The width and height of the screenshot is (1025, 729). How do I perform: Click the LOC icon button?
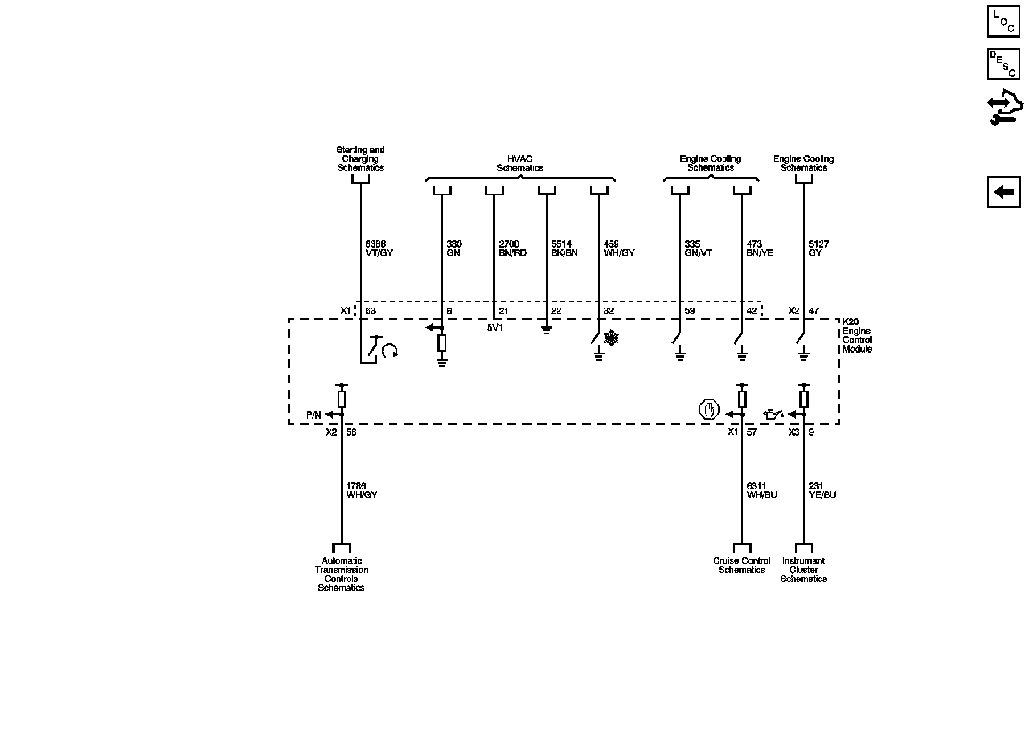[1003, 21]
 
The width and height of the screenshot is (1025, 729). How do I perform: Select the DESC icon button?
[1003, 64]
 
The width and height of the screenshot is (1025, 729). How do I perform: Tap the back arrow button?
[1003, 192]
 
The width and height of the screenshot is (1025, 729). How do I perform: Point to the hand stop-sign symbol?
[709, 410]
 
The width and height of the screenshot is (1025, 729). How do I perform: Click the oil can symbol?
[773, 414]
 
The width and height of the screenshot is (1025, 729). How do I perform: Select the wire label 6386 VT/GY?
[379, 248]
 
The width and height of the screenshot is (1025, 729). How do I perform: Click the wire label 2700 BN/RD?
[512, 248]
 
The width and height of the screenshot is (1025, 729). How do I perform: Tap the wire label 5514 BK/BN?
[564, 248]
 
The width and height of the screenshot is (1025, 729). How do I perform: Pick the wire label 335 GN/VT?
[698, 248]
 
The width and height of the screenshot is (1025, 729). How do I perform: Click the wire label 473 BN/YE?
[760, 248]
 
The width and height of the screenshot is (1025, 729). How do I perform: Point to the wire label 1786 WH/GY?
[362, 490]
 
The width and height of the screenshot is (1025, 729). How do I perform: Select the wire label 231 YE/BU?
[822, 490]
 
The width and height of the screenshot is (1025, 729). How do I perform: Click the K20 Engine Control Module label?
[857, 336]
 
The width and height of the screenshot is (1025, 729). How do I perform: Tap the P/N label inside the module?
[314, 415]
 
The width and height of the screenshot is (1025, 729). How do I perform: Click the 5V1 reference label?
[495, 329]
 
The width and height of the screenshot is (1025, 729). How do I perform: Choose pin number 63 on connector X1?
[370, 311]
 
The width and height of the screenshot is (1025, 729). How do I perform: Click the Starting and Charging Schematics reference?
[360, 159]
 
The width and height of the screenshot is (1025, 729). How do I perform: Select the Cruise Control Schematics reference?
[741, 565]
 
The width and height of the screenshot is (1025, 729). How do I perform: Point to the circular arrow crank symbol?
[389, 351]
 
